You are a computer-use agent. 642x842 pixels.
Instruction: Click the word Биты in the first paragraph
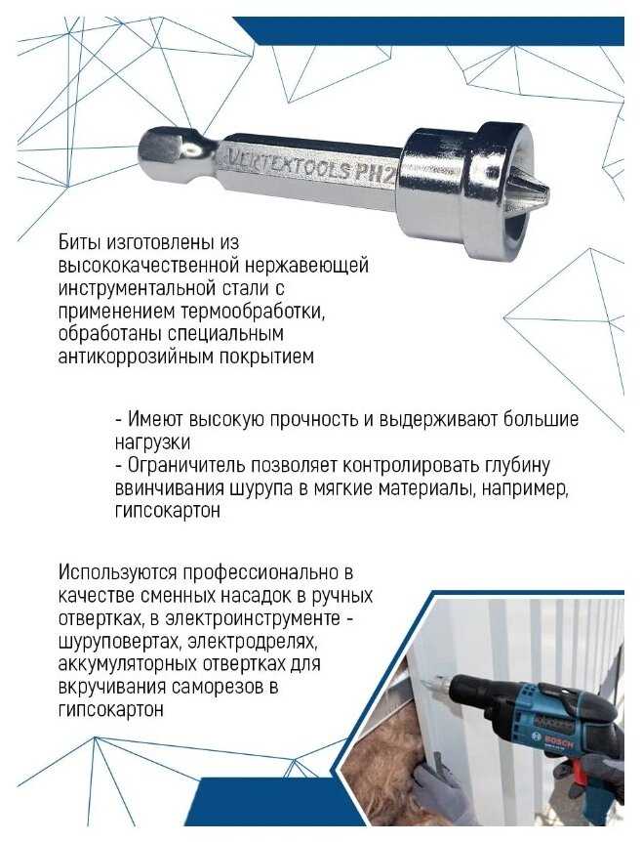(80, 242)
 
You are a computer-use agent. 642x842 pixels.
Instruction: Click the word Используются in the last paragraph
(118, 572)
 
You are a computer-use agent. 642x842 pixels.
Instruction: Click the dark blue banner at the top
(428, 31)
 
